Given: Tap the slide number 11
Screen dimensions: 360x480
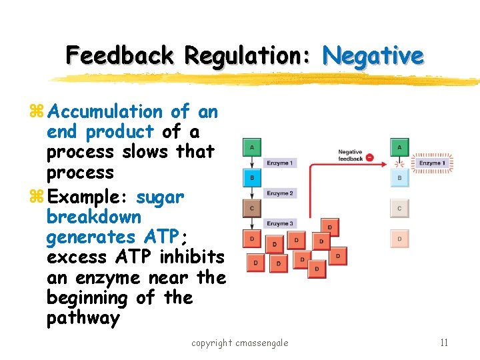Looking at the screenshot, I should click(x=443, y=343).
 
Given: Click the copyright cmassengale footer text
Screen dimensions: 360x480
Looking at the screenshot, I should click(x=240, y=343).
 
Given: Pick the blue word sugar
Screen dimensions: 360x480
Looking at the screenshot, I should click(x=160, y=197).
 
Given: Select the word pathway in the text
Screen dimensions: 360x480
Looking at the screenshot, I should click(x=83, y=318).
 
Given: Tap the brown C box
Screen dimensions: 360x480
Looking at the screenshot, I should click(x=252, y=209).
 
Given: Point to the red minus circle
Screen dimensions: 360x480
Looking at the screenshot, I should click(x=369, y=158).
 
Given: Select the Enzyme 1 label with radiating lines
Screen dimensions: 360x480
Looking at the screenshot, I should click(x=431, y=163).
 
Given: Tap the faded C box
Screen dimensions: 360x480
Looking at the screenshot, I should click(x=399, y=209).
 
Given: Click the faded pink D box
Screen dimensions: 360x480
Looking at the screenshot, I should click(x=399, y=238).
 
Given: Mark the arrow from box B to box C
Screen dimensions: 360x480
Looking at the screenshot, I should click(x=252, y=193).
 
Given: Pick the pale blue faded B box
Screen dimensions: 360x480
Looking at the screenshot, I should click(x=399, y=179).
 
